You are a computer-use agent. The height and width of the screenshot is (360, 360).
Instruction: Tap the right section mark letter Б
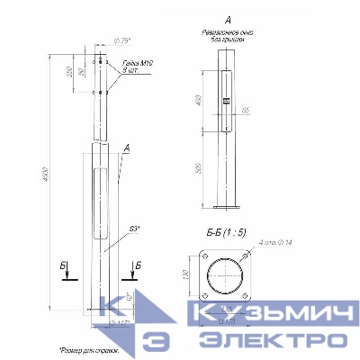[x=136, y=265]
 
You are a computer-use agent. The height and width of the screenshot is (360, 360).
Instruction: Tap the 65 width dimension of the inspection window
[x=245, y=110]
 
